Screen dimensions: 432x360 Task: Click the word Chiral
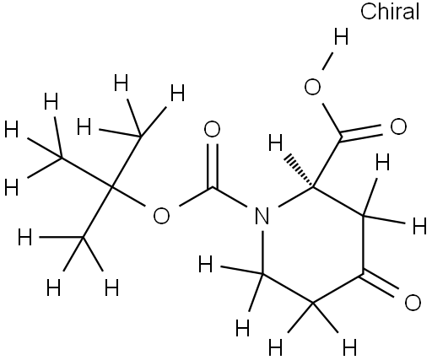point(390,11)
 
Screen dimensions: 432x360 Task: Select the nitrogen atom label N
point(262,216)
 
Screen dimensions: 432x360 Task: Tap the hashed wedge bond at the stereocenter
point(299,171)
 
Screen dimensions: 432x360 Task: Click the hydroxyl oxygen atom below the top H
point(312,87)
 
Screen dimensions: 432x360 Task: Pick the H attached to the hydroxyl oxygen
point(341,36)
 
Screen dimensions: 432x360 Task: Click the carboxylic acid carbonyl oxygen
point(398,126)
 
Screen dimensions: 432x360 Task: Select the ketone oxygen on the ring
point(413,303)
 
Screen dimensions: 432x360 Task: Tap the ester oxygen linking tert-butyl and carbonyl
point(161,216)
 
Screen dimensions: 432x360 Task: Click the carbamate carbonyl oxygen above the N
point(212,129)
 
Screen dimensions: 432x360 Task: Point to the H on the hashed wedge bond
point(275,142)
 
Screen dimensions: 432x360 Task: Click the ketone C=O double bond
point(380,283)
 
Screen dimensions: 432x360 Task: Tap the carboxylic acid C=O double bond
point(360,132)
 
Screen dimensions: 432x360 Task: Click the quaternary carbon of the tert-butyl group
point(111,186)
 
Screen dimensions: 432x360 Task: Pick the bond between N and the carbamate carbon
point(230,197)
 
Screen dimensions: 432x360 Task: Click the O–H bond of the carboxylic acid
point(327,61)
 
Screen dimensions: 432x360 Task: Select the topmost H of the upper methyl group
point(121,83)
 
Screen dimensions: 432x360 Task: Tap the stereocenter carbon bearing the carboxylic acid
point(313,186)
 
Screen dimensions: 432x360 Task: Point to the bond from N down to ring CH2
point(262,252)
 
